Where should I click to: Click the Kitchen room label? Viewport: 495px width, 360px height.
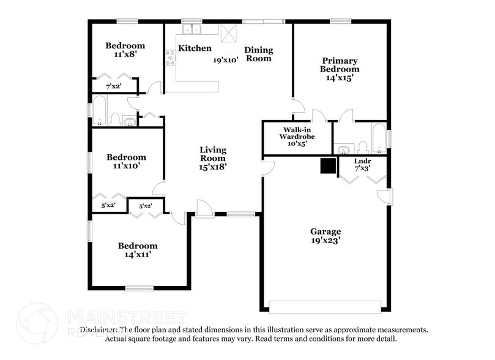[x=195, y=48]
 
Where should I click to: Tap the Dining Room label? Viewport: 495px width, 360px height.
[x=258, y=54]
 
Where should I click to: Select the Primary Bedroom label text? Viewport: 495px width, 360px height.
[x=340, y=65]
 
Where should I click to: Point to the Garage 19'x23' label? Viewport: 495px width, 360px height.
[x=325, y=236]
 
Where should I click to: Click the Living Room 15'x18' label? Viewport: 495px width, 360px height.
[x=213, y=158]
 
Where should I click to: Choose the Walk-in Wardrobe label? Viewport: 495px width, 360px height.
[x=297, y=137]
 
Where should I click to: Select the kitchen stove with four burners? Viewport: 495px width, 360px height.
[x=171, y=58]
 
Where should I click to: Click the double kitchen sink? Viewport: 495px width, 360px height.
[x=193, y=29]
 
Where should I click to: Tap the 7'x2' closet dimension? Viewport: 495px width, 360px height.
[x=114, y=87]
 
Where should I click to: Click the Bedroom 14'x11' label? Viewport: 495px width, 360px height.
[x=138, y=250]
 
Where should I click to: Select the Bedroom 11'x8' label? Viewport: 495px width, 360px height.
[x=125, y=50]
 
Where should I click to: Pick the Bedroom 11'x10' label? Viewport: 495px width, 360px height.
[x=125, y=161]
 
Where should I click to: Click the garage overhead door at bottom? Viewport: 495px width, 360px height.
[x=325, y=306]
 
